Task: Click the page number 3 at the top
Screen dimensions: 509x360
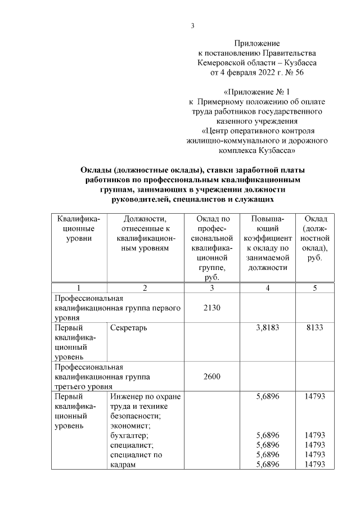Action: point(192,25)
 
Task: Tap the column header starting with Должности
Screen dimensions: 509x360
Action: point(145,228)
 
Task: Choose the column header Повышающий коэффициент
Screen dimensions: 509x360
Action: point(267,243)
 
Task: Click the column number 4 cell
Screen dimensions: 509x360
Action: point(267,288)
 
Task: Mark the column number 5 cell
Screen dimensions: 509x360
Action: point(314,288)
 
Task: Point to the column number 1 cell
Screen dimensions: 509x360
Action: point(78,288)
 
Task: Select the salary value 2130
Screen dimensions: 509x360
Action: point(211,308)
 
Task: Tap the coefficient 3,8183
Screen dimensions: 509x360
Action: point(267,327)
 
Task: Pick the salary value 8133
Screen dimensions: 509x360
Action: point(314,327)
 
